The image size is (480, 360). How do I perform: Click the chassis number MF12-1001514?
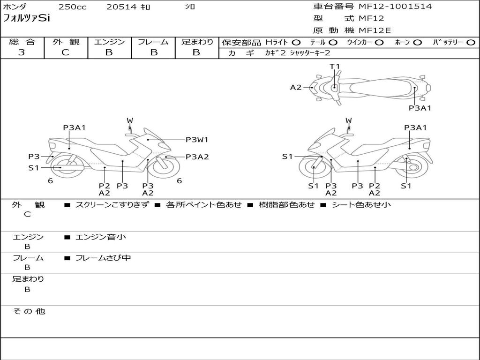pos(395,7)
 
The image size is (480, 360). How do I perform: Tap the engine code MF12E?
pos(375,30)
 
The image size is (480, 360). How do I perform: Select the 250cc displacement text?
pos(73,7)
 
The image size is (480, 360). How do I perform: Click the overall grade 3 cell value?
pos(22,52)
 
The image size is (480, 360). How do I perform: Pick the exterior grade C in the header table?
pos(65,52)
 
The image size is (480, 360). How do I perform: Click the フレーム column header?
pos(153,42)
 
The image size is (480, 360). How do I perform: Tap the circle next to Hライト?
pos(296,43)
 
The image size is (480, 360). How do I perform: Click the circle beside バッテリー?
pos(471,43)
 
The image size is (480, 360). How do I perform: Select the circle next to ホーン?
pos(417,43)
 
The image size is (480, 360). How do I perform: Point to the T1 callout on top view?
pos(335,66)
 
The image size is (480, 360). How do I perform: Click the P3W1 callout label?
pos(197,140)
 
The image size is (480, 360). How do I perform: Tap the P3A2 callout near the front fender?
pos(197,157)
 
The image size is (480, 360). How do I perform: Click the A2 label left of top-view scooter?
pos(296,88)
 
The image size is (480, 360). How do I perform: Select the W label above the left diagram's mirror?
pos(130,120)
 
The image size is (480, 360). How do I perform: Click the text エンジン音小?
pos(101,237)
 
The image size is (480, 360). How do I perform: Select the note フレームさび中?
pos(103,258)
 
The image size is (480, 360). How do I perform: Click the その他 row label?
pos(29,311)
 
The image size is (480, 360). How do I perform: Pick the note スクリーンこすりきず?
pos(112,205)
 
